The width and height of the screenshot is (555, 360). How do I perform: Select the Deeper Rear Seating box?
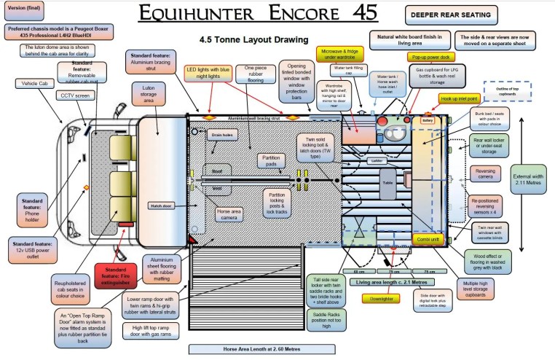click(449, 14)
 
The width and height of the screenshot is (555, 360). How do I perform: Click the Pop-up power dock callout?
click(433, 56)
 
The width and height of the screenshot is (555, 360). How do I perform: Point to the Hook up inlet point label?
click(459, 98)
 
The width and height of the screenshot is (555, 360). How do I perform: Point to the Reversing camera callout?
click(484, 173)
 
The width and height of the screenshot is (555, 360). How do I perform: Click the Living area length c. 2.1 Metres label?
click(390, 281)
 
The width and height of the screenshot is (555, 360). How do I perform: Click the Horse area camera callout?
click(233, 216)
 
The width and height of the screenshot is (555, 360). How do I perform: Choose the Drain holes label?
click(221, 136)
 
